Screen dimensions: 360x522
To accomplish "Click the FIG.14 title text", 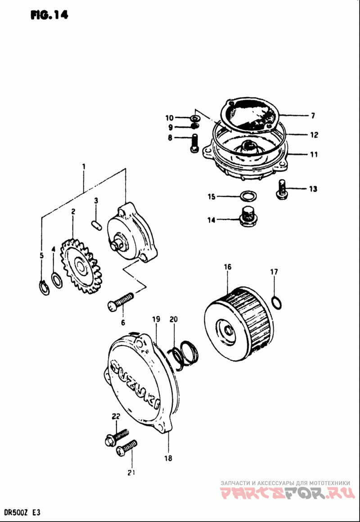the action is click(x=49, y=15).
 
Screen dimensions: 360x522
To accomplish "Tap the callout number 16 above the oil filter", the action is click(x=228, y=267).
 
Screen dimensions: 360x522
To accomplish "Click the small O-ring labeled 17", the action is click(x=278, y=302).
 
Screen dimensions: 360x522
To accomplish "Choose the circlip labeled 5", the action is click(x=42, y=287).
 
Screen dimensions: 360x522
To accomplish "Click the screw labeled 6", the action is click(x=121, y=302).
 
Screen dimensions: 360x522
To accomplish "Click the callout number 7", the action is click(x=313, y=116).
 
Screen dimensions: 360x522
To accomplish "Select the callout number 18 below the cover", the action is click(x=169, y=459).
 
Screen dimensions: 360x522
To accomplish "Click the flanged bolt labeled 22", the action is click(x=115, y=436).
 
